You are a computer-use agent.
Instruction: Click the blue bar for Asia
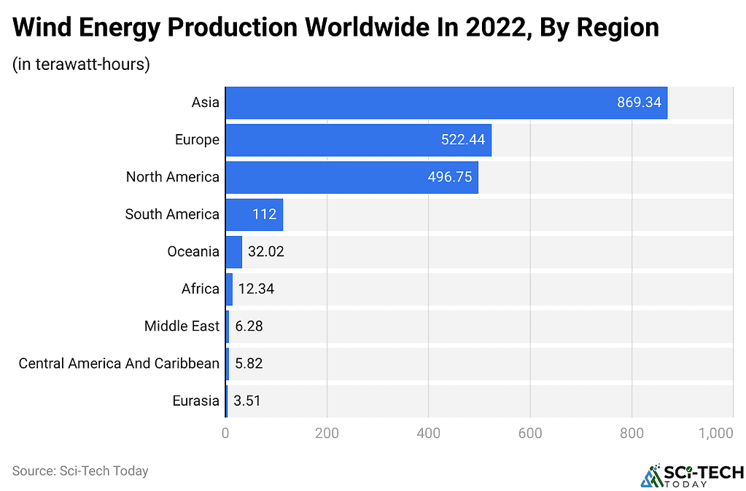click(446, 102)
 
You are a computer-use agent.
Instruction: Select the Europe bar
click(358, 140)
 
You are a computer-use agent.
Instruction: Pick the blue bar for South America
click(254, 214)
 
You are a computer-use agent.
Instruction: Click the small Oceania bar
click(233, 252)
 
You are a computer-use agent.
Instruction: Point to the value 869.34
click(639, 102)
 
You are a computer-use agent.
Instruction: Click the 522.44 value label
click(463, 140)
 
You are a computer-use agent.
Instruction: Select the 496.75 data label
click(450, 177)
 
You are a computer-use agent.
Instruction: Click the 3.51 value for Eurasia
click(247, 401)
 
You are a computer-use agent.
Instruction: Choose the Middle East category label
click(182, 326)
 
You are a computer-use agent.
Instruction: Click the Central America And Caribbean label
click(119, 364)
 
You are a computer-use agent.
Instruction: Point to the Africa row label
click(200, 289)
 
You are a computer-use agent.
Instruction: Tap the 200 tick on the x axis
click(327, 433)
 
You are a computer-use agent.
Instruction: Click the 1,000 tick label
click(715, 433)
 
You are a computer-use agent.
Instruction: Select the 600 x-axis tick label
click(530, 433)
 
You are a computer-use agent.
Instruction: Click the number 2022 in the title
click(484, 28)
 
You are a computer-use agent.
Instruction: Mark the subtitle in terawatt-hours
click(81, 64)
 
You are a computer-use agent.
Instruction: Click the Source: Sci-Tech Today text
click(80, 471)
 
